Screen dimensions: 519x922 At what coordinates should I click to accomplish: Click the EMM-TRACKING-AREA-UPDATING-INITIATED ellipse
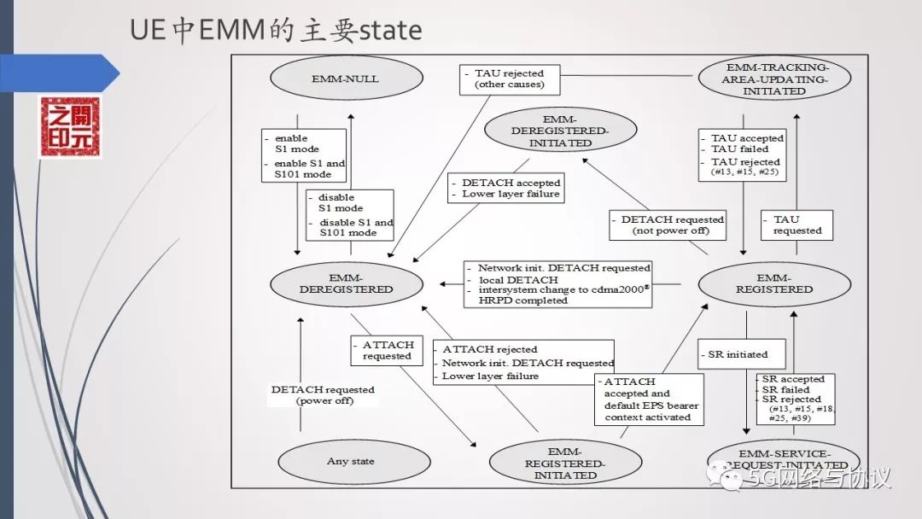click(774, 79)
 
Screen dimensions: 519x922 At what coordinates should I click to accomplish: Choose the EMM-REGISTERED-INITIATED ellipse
click(565, 463)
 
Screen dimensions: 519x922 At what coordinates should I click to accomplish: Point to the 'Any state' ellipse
click(350, 461)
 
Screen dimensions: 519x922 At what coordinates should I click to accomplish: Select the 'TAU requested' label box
click(797, 225)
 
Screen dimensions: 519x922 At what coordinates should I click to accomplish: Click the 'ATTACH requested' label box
click(387, 350)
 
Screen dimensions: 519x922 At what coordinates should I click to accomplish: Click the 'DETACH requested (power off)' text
click(323, 394)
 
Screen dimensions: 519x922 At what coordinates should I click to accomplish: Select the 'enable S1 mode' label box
click(304, 155)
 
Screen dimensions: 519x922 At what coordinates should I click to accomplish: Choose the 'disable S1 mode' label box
click(350, 214)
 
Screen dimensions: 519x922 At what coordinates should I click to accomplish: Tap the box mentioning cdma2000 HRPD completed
click(558, 283)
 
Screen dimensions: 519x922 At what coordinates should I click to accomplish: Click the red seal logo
click(70, 127)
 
